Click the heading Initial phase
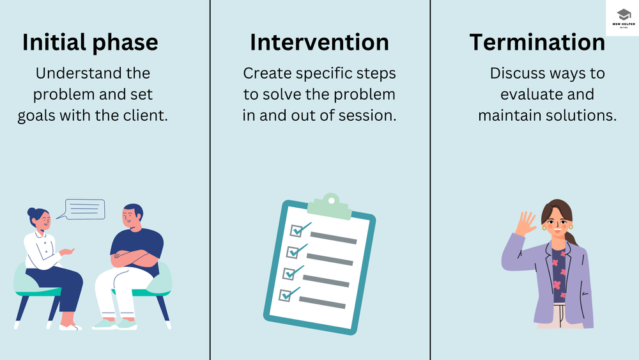90,43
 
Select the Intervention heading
319,43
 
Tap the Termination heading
537,43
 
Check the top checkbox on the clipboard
298,230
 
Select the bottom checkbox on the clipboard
286,295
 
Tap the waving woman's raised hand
526,224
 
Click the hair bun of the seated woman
31,212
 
